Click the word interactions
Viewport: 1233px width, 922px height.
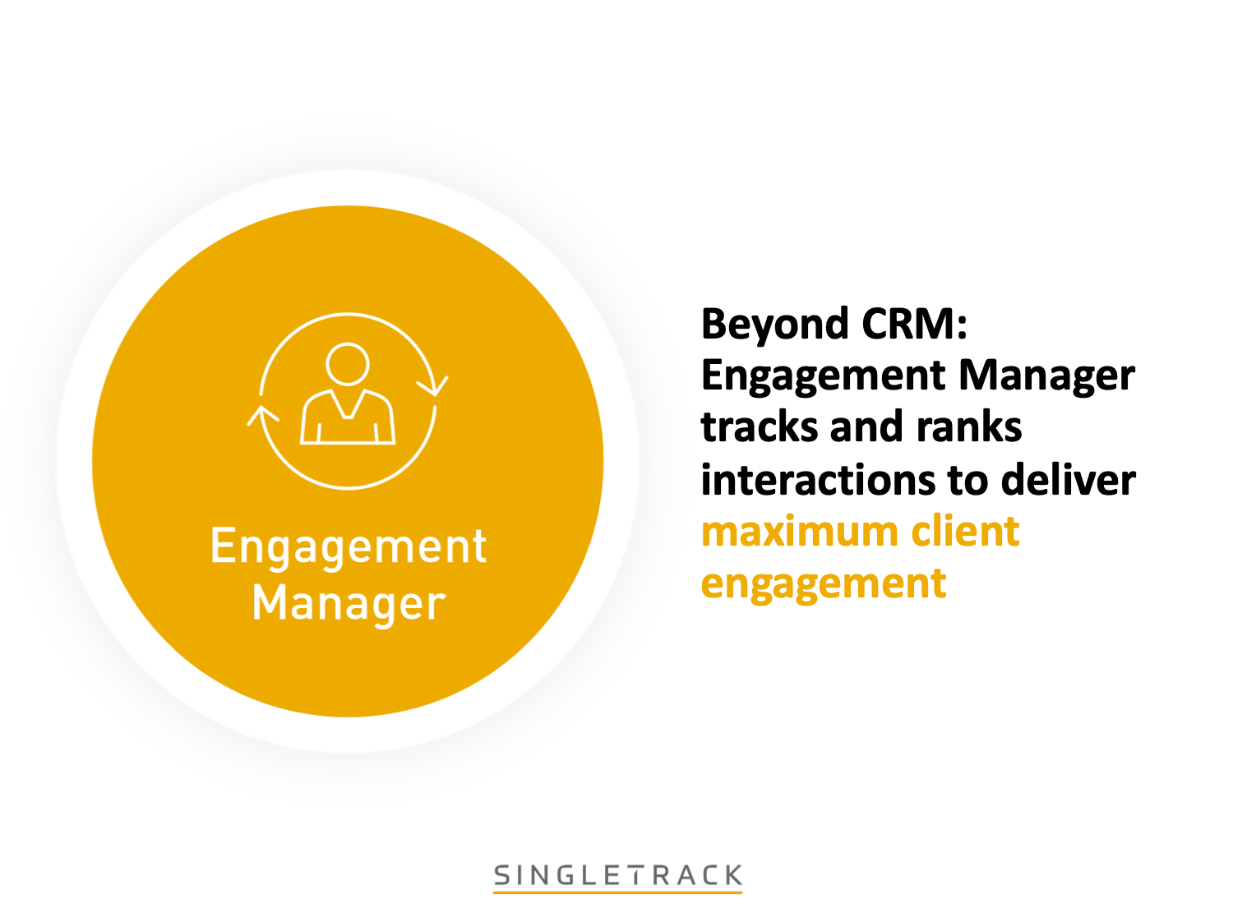click(819, 480)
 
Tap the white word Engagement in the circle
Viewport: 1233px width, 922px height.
click(349, 547)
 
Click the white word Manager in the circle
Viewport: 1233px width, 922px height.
click(349, 604)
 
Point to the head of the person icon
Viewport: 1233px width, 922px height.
click(348, 363)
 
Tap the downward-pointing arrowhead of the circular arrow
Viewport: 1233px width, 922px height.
click(433, 385)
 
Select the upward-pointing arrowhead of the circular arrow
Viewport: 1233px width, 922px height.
click(262, 414)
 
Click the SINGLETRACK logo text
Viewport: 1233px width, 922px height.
click(618, 875)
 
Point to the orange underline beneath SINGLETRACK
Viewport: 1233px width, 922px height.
click(618, 892)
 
